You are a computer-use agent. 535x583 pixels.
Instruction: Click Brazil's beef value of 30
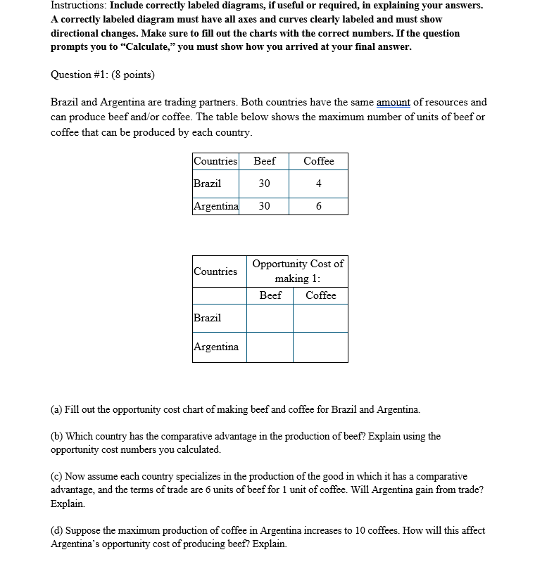[264, 184]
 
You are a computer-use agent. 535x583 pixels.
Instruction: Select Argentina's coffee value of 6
[318, 206]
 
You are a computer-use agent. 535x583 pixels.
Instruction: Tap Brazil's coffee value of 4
[318, 184]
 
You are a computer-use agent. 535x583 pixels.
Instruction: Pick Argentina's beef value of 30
[264, 206]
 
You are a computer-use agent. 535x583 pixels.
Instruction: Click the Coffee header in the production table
[318, 161]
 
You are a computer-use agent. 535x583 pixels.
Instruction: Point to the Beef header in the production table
[264, 161]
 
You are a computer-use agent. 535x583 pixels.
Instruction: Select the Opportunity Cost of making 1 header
[298, 271]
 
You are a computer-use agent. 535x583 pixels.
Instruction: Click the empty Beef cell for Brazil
[270, 318]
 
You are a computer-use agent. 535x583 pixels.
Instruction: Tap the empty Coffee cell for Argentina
[320, 347]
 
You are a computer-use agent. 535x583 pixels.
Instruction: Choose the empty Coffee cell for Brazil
[320, 318]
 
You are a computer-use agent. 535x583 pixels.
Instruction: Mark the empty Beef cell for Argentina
[270, 347]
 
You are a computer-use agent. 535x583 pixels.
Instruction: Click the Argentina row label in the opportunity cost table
[216, 347]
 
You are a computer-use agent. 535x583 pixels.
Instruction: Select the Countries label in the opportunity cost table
[215, 271]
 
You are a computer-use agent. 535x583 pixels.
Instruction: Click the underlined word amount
[394, 103]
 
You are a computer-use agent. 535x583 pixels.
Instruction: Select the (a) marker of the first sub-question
[56, 409]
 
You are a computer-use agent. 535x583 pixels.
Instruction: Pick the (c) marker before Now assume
[56, 477]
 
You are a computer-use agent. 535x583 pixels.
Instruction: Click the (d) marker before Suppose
[56, 530]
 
